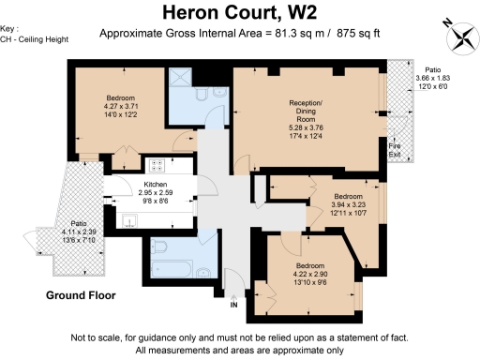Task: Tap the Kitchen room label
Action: [156, 185]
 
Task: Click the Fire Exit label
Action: [395, 150]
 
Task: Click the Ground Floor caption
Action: [82, 295]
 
